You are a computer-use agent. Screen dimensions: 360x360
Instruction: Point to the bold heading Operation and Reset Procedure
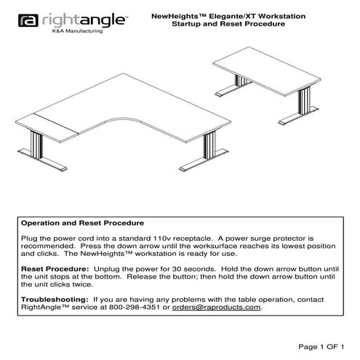[x=81, y=223]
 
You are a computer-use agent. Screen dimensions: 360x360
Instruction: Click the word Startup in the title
[x=185, y=24]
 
